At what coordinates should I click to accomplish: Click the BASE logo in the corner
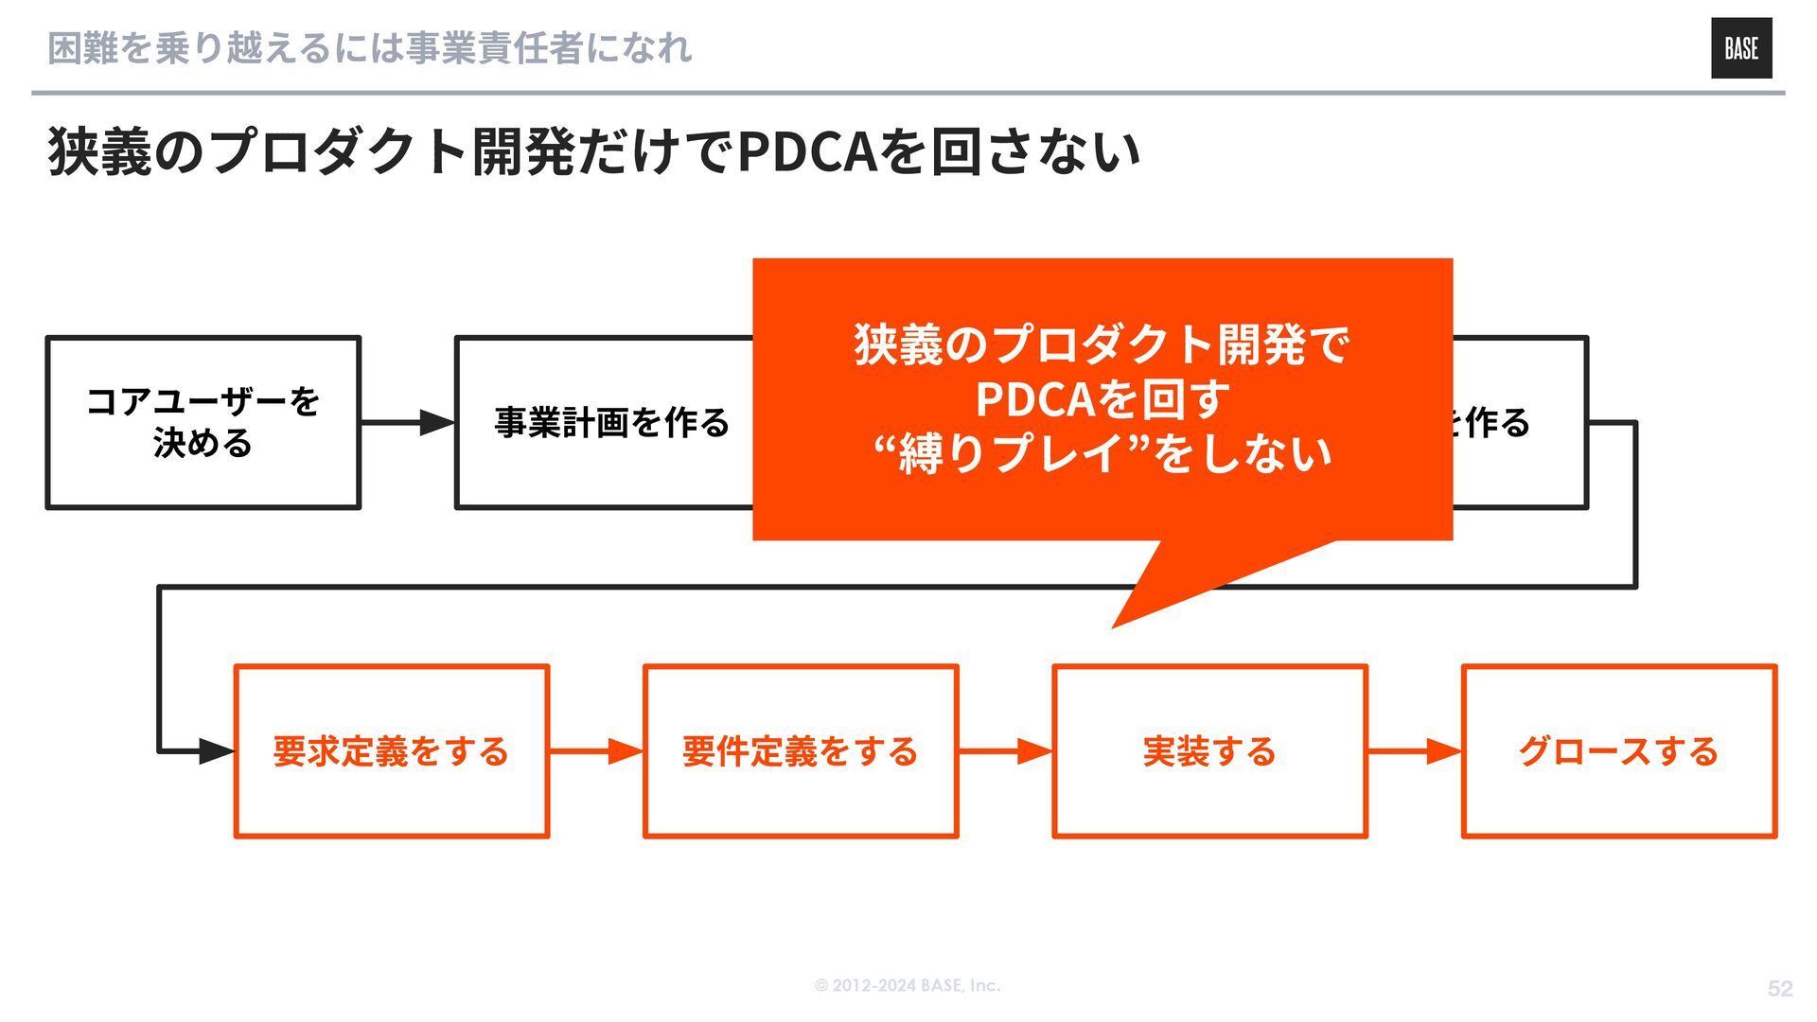click(1740, 48)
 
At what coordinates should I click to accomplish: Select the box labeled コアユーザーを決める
click(203, 422)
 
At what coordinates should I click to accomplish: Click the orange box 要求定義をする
click(391, 751)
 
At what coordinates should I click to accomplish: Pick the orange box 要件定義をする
click(800, 751)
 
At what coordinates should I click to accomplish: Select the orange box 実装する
click(1209, 751)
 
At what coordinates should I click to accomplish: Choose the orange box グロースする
click(1618, 751)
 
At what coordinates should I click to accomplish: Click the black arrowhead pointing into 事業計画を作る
click(436, 422)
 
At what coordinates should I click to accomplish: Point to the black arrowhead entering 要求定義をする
click(216, 751)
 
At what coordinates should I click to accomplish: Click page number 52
click(1779, 988)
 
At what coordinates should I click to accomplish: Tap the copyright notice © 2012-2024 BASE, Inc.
click(907, 985)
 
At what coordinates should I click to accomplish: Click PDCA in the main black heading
click(807, 151)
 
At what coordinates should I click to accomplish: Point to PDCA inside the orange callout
click(1035, 399)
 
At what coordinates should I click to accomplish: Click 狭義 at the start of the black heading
click(99, 151)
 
